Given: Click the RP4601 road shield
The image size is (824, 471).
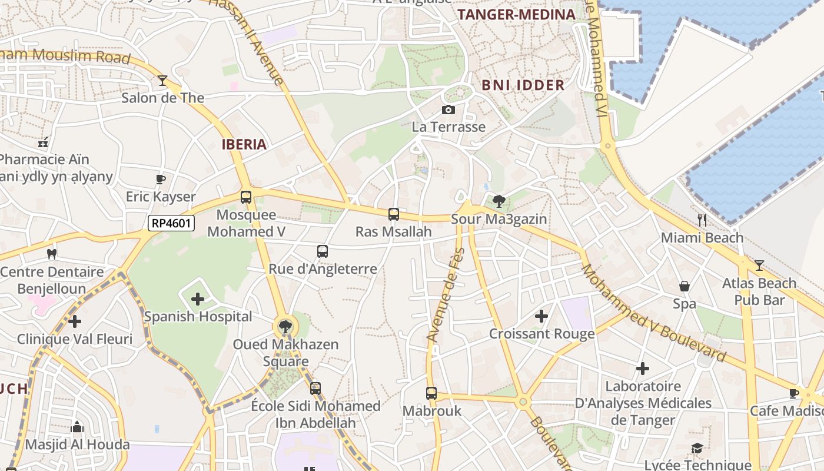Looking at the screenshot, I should click(x=171, y=223).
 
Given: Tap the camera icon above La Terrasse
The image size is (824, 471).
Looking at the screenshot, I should click(x=448, y=110).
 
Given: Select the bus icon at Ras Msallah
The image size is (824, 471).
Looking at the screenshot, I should click(x=394, y=214).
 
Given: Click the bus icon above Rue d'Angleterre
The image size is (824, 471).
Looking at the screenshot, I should click(x=323, y=251).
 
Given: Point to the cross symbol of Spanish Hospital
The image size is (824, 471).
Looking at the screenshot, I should click(x=198, y=299).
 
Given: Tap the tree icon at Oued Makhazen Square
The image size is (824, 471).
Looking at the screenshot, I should click(x=285, y=326).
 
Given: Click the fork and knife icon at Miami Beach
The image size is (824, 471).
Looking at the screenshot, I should click(x=702, y=220).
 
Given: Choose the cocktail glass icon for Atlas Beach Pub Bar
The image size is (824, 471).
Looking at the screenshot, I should click(x=759, y=266).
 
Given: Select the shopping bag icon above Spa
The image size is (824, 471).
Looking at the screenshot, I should click(x=685, y=286).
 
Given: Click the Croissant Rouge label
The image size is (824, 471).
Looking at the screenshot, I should click(x=542, y=334).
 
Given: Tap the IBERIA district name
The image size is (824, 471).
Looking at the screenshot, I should click(x=244, y=144).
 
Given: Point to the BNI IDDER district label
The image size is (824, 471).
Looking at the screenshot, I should click(x=523, y=85).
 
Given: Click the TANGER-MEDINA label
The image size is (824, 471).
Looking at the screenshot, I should click(x=516, y=15).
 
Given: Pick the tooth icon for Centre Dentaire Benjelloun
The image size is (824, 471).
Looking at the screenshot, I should click(x=52, y=254).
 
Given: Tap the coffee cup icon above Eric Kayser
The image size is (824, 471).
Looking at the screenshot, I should click(x=160, y=179).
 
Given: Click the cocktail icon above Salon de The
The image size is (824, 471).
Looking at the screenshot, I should click(x=162, y=81).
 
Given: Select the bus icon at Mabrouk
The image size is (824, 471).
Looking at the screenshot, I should click(x=431, y=393).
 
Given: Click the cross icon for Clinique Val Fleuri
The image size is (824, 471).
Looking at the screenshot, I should click(x=74, y=321).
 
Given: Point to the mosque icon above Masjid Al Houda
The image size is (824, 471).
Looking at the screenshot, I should click(x=77, y=427).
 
